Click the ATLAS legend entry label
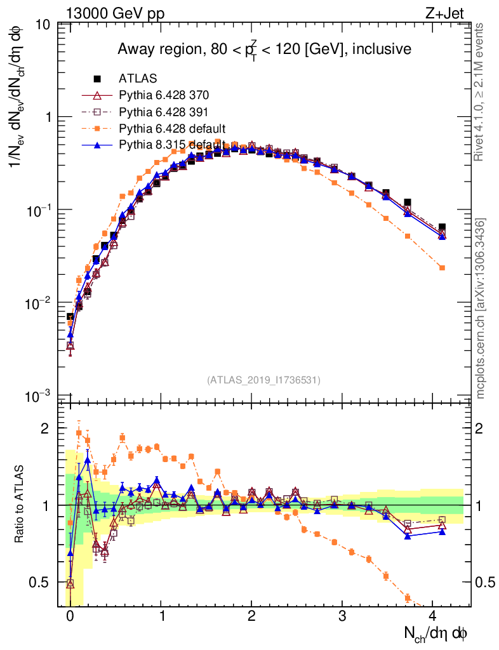(138, 79)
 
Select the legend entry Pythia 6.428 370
(164, 95)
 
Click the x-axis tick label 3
(342, 616)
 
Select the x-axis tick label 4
(433, 616)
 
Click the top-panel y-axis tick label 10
(44, 25)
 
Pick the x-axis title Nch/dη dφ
(436, 633)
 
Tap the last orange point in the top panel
(442, 268)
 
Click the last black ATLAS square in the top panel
(442, 227)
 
